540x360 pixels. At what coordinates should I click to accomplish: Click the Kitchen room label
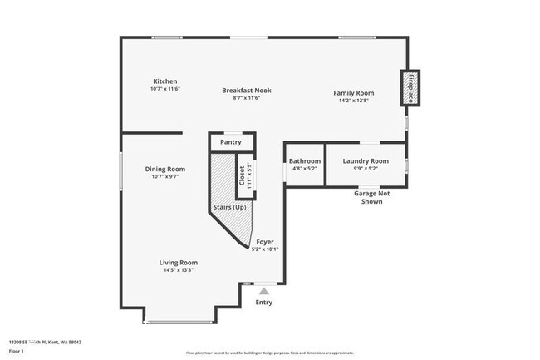coord(165,81)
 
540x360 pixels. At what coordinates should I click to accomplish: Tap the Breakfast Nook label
coord(246,90)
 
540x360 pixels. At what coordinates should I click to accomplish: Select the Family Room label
coord(354,92)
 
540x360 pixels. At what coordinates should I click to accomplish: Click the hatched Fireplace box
coord(410,87)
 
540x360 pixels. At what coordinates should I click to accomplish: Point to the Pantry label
coord(230,142)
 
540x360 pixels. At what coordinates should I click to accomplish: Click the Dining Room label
coord(165,169)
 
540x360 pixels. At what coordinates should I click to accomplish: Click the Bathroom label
coord(304,160)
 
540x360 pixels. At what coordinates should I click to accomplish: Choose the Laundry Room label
coord(366,160)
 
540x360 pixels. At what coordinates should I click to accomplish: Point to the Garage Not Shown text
coord(372,197)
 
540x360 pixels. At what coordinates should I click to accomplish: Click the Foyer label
coord(265,241)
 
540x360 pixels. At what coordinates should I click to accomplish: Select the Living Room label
coord(179,262)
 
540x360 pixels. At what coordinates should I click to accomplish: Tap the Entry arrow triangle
coord(264,290)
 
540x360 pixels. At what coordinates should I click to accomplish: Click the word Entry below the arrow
coord(264,303)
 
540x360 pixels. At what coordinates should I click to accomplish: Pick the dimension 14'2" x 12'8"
coord(354,101)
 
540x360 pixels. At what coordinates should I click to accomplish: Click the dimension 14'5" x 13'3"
coord(179,270)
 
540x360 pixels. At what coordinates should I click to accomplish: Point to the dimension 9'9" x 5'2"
coord(366,169)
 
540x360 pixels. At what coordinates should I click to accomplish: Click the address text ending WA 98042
coord(46,342)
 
